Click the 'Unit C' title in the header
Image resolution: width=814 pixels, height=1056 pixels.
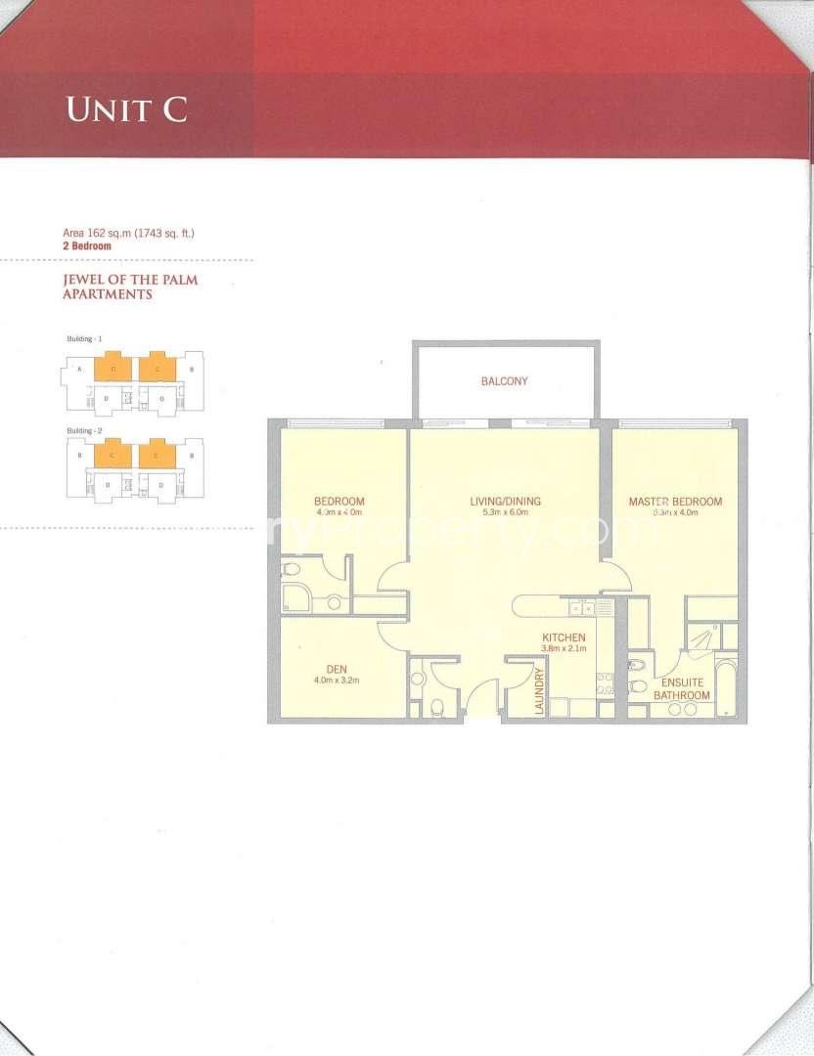pos(126,109)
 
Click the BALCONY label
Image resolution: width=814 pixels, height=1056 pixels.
pos(504,381)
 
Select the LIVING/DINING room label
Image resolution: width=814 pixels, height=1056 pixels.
pos(505,502)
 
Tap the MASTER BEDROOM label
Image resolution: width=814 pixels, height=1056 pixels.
pos(675,502)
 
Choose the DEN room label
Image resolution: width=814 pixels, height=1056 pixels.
pos(337,669)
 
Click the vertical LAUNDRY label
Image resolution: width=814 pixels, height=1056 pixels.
pos(538,691)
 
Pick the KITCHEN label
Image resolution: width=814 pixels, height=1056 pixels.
pos(564,638)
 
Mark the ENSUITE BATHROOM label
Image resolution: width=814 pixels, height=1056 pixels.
pos(682,688)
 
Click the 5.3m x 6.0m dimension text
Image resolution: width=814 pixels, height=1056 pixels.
pos(505,512)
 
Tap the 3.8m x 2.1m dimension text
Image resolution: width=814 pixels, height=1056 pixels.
pos(564,648)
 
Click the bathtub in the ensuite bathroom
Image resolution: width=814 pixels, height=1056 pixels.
pos(726,689)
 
